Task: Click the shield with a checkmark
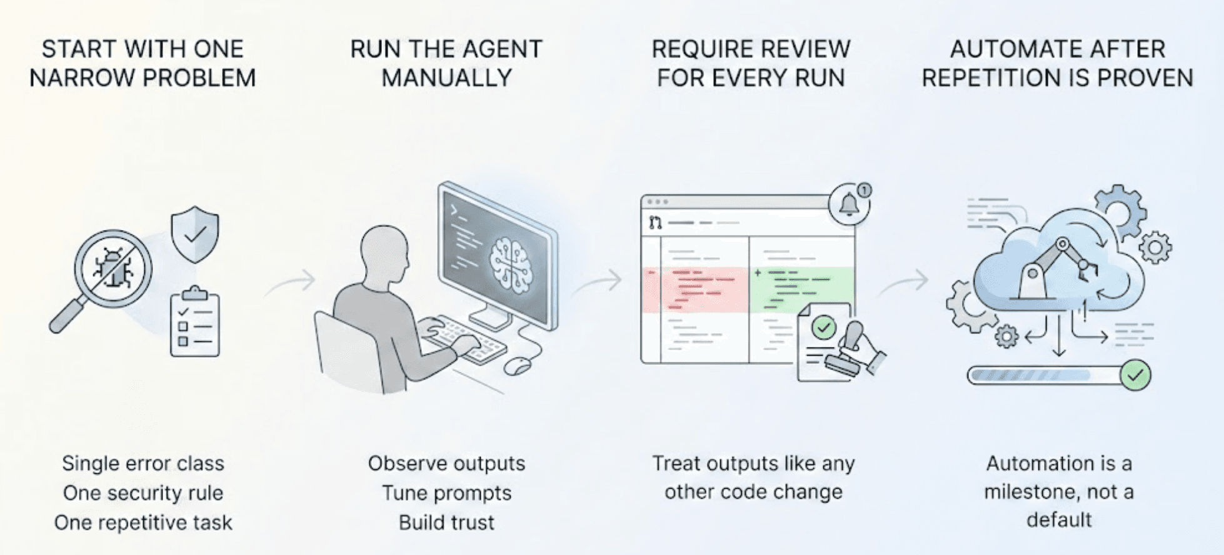[195, 234]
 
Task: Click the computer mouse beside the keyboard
[518, 366]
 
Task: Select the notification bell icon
[848, 204]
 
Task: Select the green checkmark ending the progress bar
[1135, 375]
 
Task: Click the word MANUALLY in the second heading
[446, 78]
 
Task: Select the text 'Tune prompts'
[446, 492]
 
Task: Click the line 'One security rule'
[143, 492]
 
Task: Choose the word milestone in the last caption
[1031, 492]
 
